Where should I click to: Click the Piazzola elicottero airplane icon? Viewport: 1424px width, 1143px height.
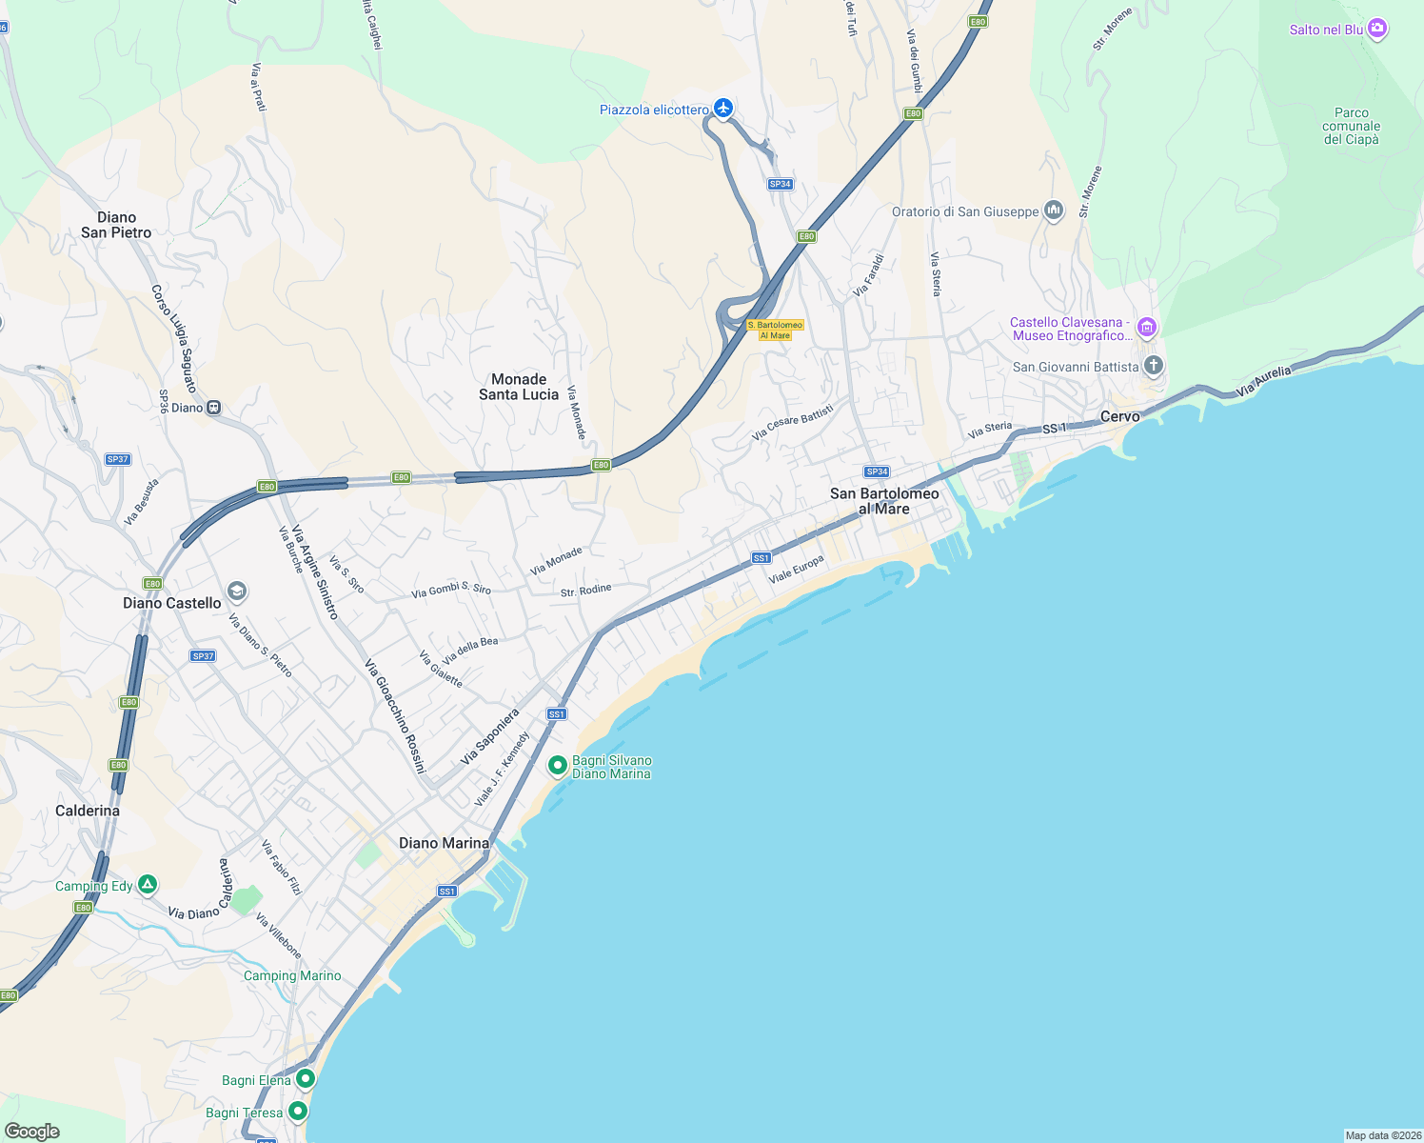point(723,109)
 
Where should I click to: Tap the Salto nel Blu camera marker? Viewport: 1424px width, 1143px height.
point(1377,30)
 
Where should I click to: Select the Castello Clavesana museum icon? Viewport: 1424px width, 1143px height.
point(1147,329)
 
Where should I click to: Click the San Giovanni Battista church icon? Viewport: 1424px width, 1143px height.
point(1153,366)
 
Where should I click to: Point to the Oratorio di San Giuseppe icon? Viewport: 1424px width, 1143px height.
point(1053,211)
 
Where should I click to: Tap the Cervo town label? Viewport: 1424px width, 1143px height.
point(1119,416)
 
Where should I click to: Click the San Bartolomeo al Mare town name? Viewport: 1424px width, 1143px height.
point(884,501)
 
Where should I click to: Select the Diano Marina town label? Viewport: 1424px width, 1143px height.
point(444,843)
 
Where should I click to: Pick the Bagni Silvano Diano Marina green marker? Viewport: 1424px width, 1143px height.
point(558,765)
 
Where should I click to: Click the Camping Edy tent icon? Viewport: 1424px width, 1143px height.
point(148,885)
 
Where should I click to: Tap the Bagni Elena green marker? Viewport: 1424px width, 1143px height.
point(305,1079)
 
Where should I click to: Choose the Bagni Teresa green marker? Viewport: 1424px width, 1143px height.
point(298,1111)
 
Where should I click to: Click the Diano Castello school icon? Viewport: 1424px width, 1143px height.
point(237,592)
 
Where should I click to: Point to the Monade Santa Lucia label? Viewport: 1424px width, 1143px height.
point(519,387)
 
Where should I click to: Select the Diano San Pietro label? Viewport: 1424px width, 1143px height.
point(116,225)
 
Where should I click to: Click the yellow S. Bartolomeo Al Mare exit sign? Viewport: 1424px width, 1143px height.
point(776,331)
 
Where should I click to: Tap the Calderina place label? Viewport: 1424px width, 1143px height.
point(88,811)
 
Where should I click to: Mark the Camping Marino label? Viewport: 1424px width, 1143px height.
point(292,975)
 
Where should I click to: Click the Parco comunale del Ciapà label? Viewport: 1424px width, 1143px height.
point(1351,126)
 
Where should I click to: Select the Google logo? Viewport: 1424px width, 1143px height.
point(32,1132)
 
